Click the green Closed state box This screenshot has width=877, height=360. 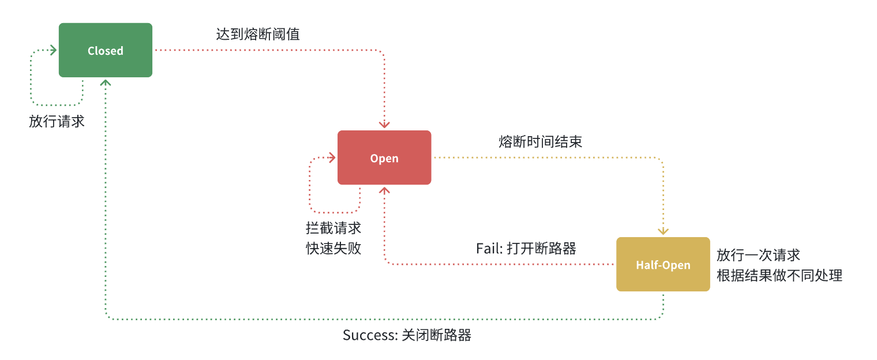tap(106, 50)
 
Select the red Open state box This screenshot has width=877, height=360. tap(384, 157)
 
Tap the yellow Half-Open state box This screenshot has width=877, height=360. tap(663, 264)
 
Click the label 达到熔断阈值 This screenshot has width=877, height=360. tap(258, 34)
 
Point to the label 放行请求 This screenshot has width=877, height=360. tap(57, 122)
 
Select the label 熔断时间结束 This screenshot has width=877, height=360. tap(540, 142)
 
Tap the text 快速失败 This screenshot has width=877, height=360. tap(333, 249)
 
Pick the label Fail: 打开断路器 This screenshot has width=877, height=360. tap(526, 249)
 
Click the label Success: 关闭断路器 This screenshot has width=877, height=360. tap(407, 335)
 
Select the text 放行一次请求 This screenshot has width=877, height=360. tap(758, 255)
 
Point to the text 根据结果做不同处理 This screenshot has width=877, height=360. tap(779, 275)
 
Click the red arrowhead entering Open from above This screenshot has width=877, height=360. tap(384, 125)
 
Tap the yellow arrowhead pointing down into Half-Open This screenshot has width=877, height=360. tap(663, 231)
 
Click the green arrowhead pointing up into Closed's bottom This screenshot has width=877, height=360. tap(106, 82)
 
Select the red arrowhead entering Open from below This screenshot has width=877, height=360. tap(384, 190)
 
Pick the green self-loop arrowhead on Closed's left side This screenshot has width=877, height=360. tap(54, 50)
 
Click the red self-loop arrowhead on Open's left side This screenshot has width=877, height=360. tap(332, 157)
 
